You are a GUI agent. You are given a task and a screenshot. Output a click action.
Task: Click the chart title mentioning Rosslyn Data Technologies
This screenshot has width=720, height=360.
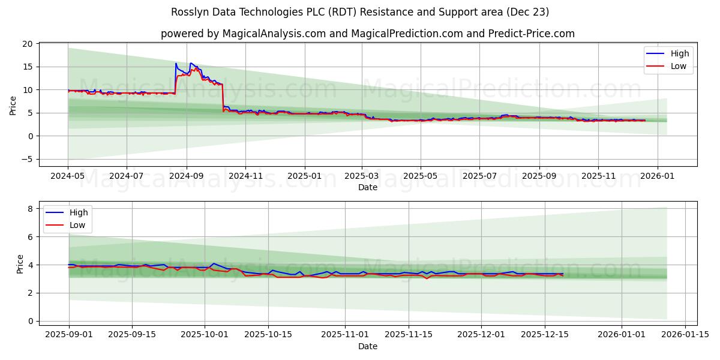pyautogui.click(x=360, y=12)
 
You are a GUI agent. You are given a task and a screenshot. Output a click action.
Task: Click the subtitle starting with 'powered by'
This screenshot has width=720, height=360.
pyautogui.click(x=367, y=34)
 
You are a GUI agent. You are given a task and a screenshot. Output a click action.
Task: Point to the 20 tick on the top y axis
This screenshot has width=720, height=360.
pyautogui.click(x=28, y=44)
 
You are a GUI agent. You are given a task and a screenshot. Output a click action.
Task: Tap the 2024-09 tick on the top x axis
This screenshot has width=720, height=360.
pyautogui.click(x=186, y=176)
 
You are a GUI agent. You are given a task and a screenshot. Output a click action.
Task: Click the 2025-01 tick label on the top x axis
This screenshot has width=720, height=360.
pyautogui.click(x=304, y=176)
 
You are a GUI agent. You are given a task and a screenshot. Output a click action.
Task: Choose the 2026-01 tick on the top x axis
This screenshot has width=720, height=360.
pyautogui.click(x=658, y=176)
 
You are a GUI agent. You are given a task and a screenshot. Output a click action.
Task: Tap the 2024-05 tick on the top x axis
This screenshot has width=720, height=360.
pyautogui.click(x=68, y=176)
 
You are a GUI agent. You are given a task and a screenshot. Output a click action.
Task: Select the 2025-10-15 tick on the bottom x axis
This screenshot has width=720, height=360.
pyautogui.click(x=268, y=335)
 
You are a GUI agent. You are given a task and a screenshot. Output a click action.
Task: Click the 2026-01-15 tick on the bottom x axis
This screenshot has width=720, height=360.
pyautogui.click(x=685, y=335)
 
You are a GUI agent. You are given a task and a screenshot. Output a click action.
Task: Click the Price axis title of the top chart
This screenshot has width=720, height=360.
pyautogui.click(x=13, y=105)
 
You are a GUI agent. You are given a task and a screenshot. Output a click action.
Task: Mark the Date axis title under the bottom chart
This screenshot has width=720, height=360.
pyautogui.click(x=367, y=346)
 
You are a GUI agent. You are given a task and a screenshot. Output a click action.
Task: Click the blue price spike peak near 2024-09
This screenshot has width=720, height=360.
pyautogui.click(x=176, y=63)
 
